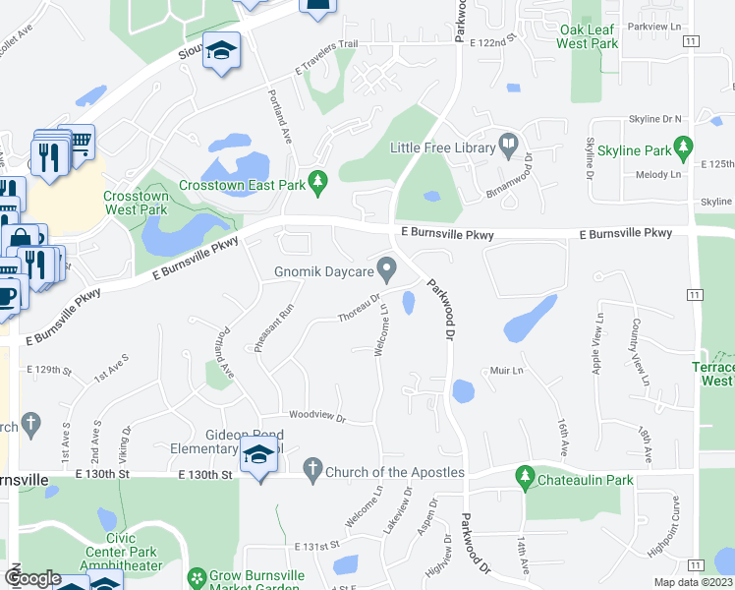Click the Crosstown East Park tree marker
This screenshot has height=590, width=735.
(x=316, y=181)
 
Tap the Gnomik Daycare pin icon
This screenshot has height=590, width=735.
(x=387, y=267)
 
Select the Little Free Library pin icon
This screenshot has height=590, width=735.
(x=508, y=147)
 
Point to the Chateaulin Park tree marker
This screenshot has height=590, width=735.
(x=525, y=479)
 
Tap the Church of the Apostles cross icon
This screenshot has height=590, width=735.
(x=312, y=471)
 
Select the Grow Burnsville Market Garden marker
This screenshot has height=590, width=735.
(x=197, y=577)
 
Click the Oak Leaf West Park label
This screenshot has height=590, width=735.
(x=587, y=37)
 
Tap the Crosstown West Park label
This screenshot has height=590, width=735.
(x=136, y=203)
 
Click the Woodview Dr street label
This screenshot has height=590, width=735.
(x=316, y=418)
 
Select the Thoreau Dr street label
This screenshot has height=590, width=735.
(x=359, y=307)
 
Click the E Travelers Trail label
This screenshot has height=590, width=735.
(x=327, y=57)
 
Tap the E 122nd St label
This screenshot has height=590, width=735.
(x=492, y=43)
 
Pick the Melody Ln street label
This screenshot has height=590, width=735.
(x=658, y=174)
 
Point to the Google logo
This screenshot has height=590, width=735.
(x=32, y=579)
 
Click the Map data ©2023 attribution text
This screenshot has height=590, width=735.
(x=693, y=582)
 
